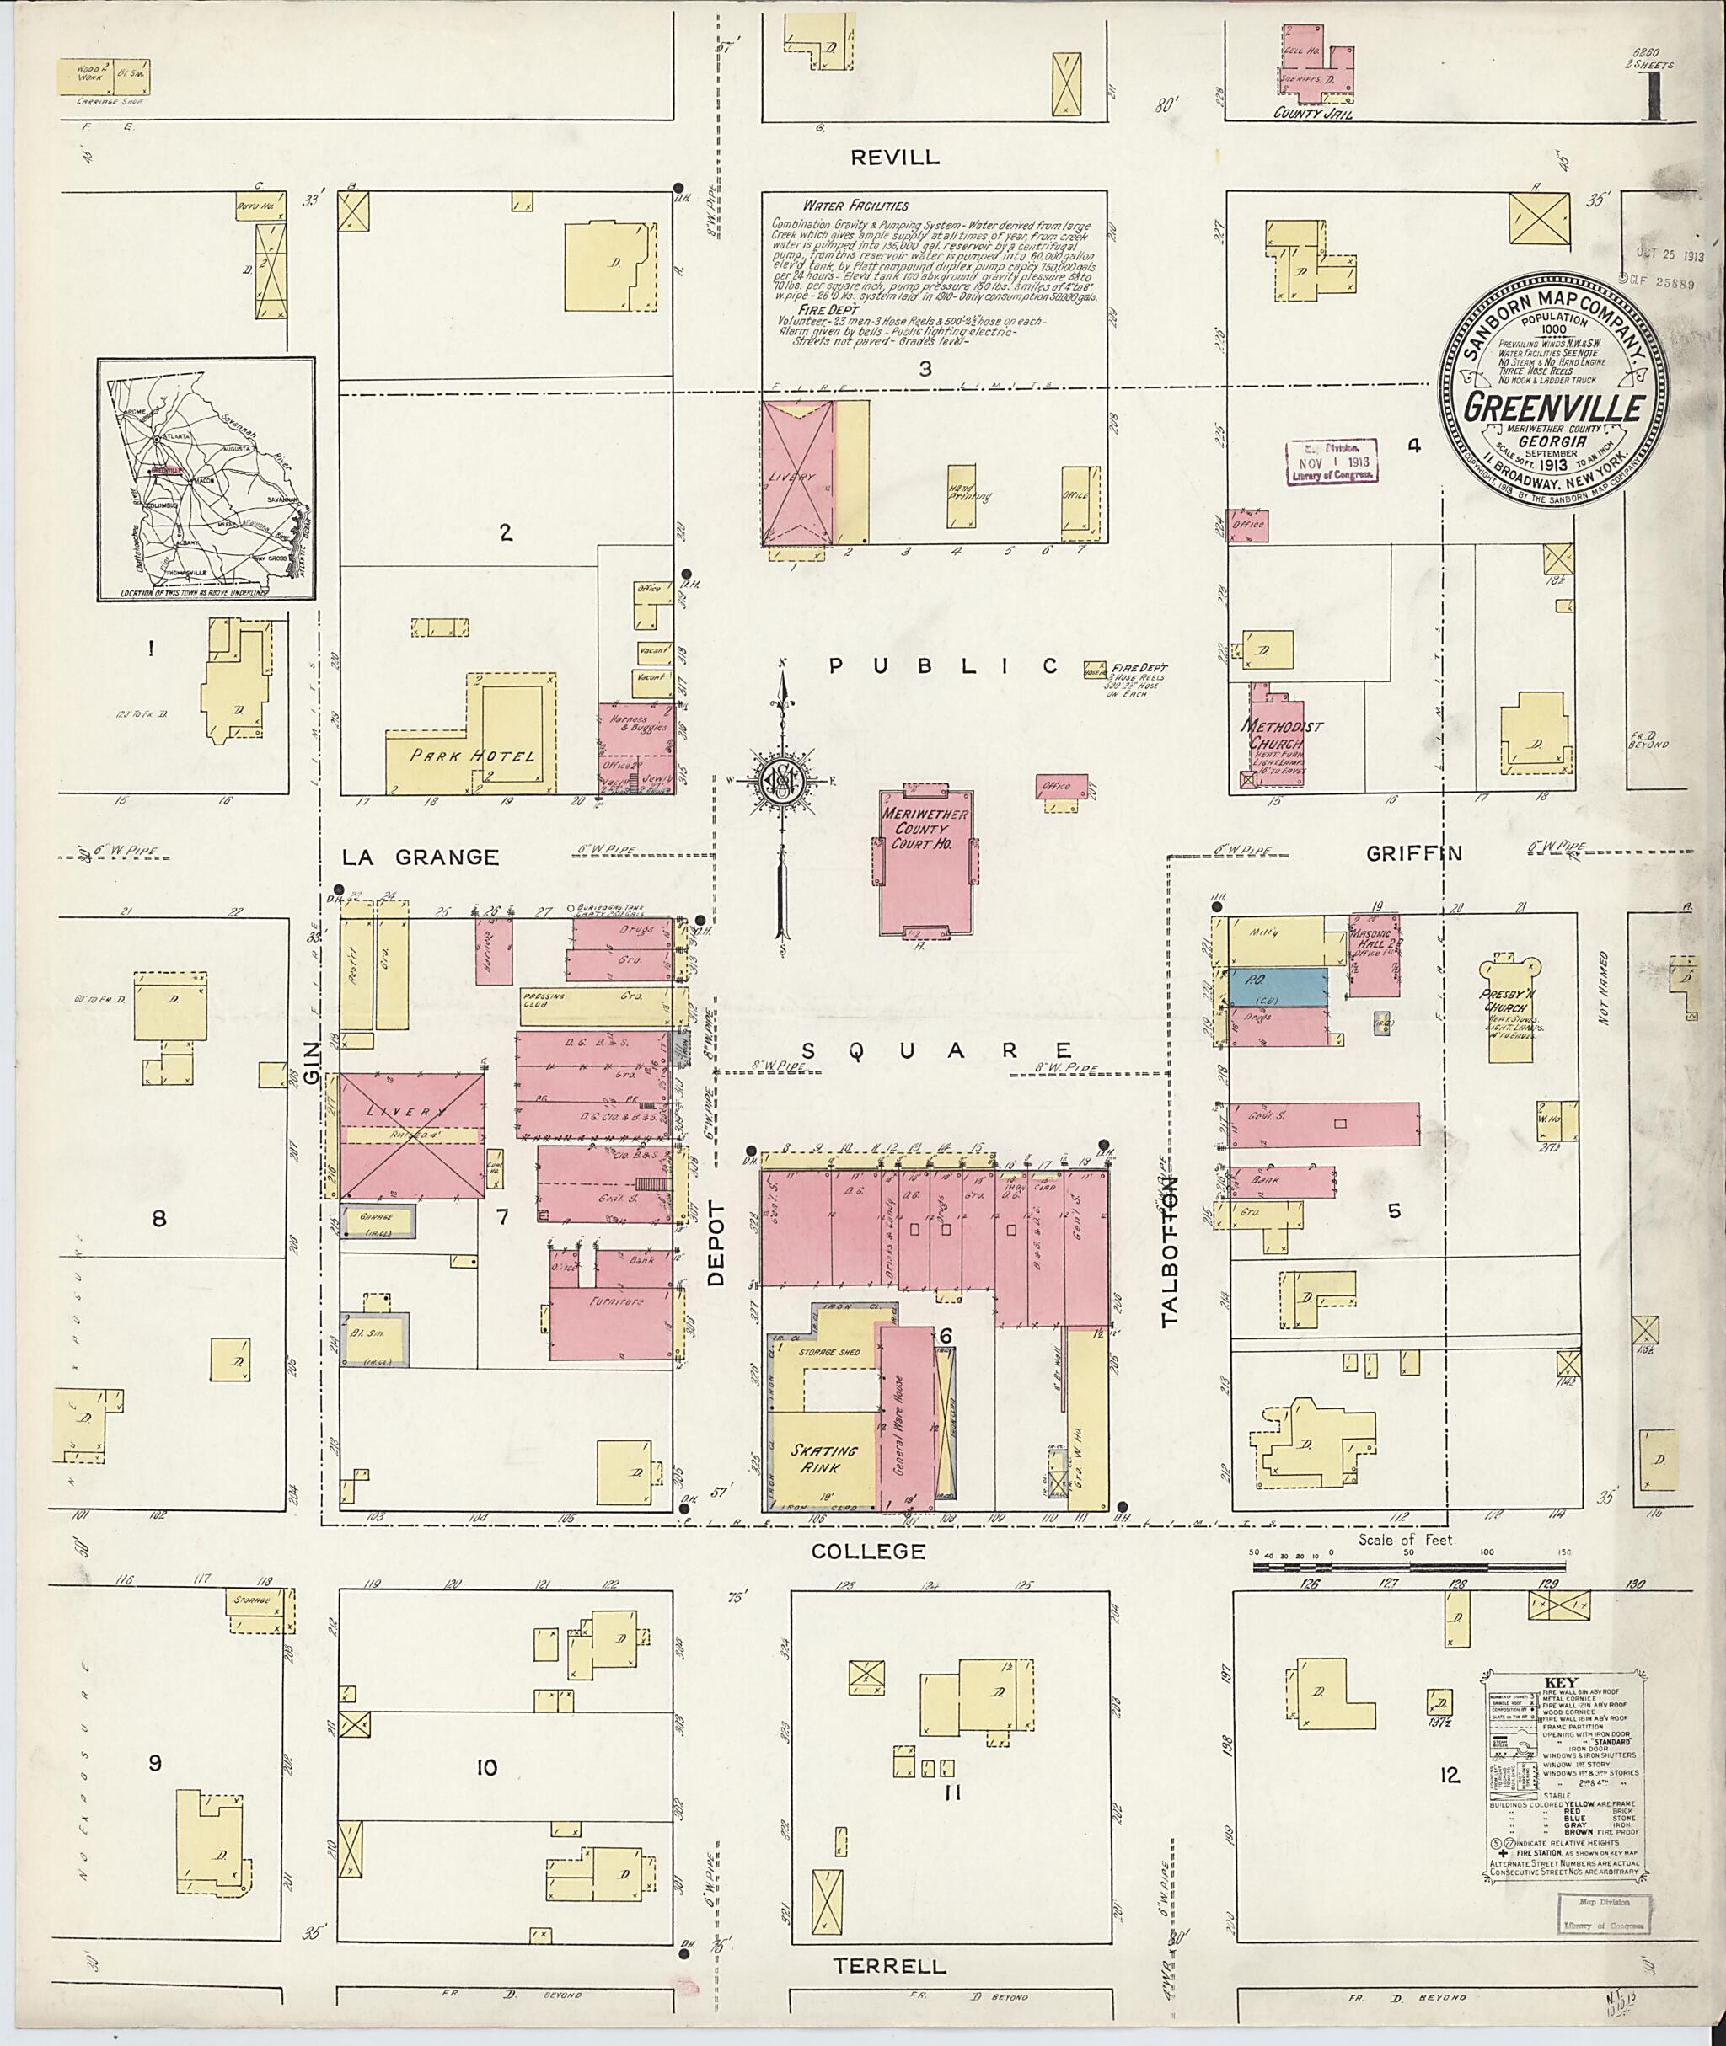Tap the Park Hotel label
[474, 756]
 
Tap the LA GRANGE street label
[420, 857]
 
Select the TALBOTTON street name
[1171, 1250]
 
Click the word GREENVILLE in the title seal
[1553, 408]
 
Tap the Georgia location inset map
[206, 479]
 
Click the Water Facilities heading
[855, 206]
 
